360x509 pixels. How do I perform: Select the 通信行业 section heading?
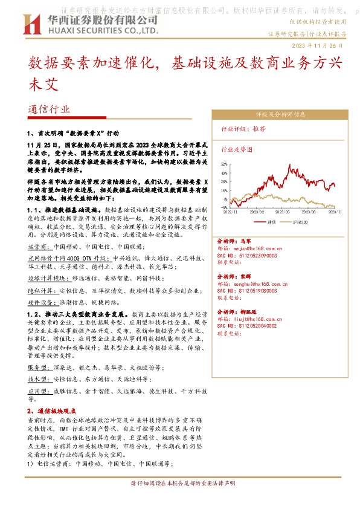[49, 109]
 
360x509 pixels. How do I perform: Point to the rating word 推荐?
[259, 129]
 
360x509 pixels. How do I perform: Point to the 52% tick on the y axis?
[223, 164]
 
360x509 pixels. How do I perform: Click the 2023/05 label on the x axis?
[266, 212]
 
